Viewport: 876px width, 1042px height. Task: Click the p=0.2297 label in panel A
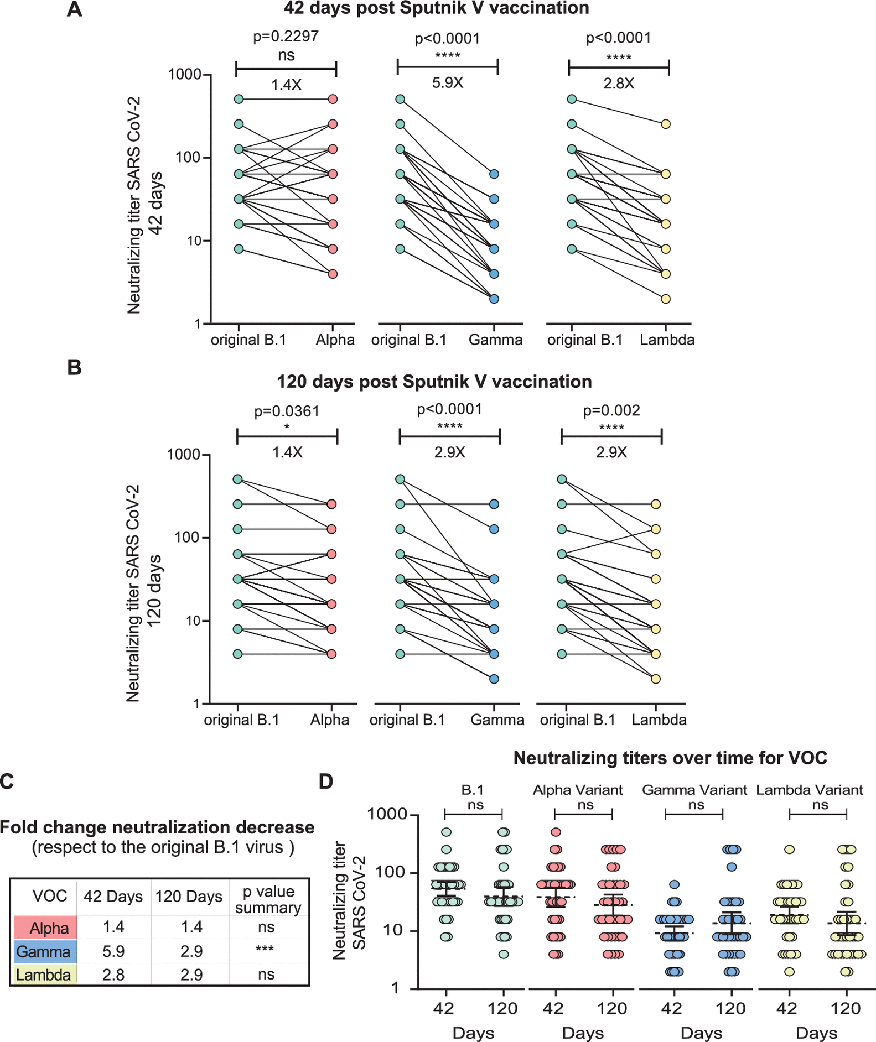point(286,37)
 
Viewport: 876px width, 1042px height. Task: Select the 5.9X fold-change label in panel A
point(448,84)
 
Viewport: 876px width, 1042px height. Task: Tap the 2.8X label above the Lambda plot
point(619,84)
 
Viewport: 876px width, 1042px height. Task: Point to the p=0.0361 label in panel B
point(287,411)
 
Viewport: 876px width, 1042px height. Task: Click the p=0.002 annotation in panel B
point(611,410)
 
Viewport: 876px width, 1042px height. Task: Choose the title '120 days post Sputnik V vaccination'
point(434,382)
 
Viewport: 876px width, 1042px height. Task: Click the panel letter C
point(7,781)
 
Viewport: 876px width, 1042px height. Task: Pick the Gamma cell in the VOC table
point(43,951)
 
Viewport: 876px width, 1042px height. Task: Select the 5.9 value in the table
point(113,951)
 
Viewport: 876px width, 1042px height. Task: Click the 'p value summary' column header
point(268,899)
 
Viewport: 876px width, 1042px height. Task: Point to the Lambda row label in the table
point(43,975)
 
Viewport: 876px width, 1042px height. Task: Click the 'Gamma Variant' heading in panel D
point(694,790)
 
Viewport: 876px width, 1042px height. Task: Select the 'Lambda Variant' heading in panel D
point(809,790)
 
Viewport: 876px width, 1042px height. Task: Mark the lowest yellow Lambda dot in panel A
point(666,299)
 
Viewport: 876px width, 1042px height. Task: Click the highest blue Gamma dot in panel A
point(494,174)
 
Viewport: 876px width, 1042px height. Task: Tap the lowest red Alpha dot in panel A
point(333,274)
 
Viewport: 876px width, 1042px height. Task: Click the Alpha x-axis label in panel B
point(330,720)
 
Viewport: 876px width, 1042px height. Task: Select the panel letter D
point(326,781)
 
